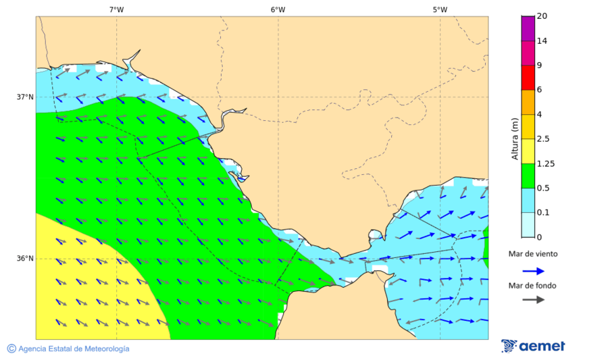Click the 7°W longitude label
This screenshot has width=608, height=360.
click(x=116, y=9)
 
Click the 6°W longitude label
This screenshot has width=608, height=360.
click(x=278, y=9)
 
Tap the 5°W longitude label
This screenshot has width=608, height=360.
click(x=440, y=9)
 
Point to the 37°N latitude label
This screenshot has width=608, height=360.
click(x=25, y=97)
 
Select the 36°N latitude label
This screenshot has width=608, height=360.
click(x=25, y=259)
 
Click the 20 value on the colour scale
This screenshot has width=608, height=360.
click(x=541, y=16)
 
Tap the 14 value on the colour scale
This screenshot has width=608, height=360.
click(x=541, y=41)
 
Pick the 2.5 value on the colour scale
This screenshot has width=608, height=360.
click(x=542, y=139)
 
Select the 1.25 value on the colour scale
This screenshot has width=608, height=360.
click(x=544, y=163)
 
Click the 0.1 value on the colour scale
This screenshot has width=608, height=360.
click(x=542, y=213)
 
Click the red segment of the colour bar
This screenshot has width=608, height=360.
click(x=528, y=77)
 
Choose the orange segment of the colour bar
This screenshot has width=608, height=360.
click(x=528, y=102)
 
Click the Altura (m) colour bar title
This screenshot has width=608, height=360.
click(x=515, y=139)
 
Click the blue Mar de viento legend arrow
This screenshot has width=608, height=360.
click(x=534, y=271)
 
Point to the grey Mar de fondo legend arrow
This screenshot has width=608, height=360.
click(x=534, y=299)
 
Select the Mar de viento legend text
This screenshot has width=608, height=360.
click(x=533, y=254)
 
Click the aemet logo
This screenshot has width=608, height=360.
click(x=533, y=346)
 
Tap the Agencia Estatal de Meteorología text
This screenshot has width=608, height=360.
click(x=74, y=349)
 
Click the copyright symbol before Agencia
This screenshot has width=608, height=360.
click(x=11, y=349)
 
